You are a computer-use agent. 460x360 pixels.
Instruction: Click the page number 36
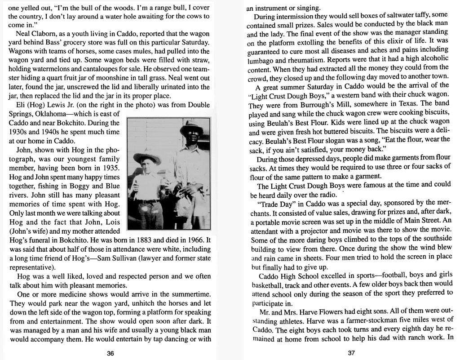(x=110, y=353)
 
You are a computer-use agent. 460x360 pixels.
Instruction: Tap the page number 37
(x=351, y=353)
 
